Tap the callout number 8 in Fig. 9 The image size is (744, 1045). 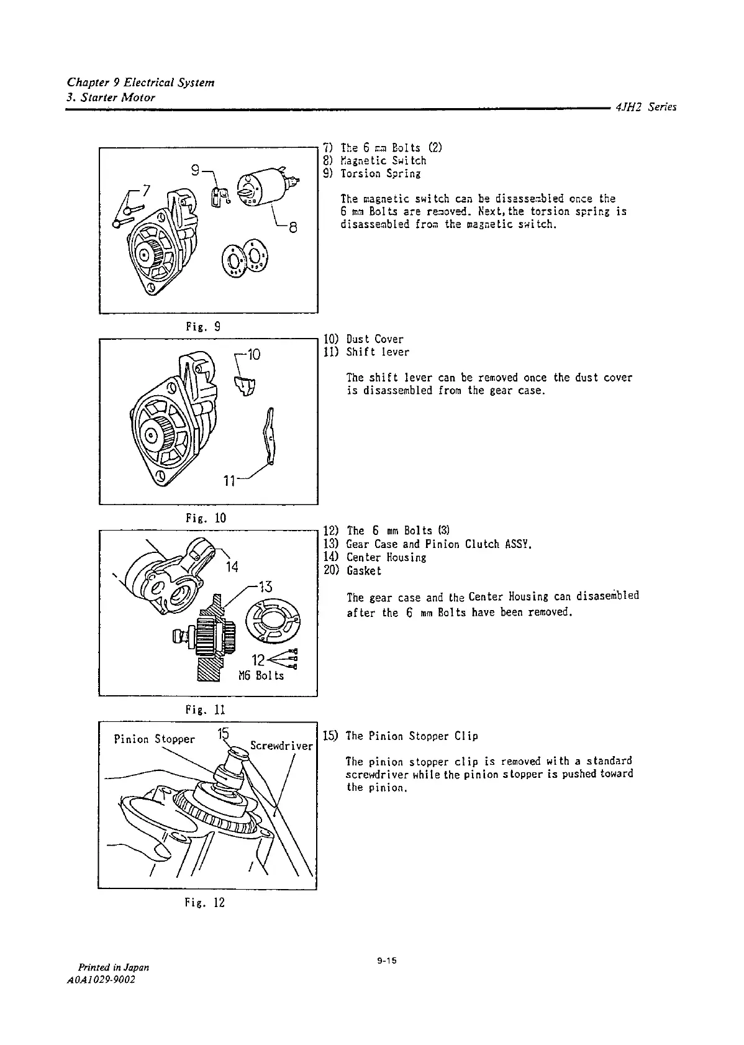294,227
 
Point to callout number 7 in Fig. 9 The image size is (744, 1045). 146,188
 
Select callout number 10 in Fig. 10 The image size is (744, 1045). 253,355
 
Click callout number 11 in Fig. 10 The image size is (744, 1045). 230,480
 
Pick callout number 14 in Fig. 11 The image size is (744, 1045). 232,566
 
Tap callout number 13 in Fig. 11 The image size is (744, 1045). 265,586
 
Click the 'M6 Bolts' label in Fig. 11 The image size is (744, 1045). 261,675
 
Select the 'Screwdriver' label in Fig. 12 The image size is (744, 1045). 281,745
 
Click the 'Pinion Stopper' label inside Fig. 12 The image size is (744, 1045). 154,739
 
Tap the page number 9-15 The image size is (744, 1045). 386,961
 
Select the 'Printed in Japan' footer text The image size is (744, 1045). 113,967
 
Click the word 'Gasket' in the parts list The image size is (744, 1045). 364,570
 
